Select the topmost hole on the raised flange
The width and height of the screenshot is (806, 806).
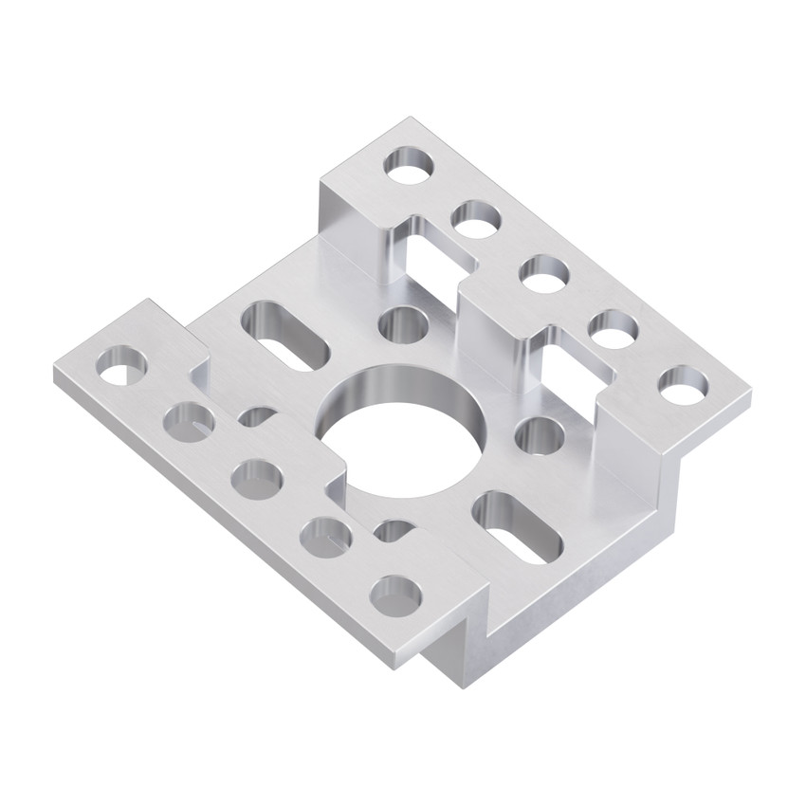point(409,163)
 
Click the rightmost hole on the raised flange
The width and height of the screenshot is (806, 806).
point(684,384)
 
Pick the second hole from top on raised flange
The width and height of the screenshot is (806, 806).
point(476,218)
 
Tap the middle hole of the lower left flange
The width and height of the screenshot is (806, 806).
point(257,477)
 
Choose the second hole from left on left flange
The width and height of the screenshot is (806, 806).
point(189,420)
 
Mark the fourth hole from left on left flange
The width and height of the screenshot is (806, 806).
point(324,536)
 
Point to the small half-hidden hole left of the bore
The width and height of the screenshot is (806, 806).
point(257,415)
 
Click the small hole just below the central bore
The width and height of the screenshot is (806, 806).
point(392,528)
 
